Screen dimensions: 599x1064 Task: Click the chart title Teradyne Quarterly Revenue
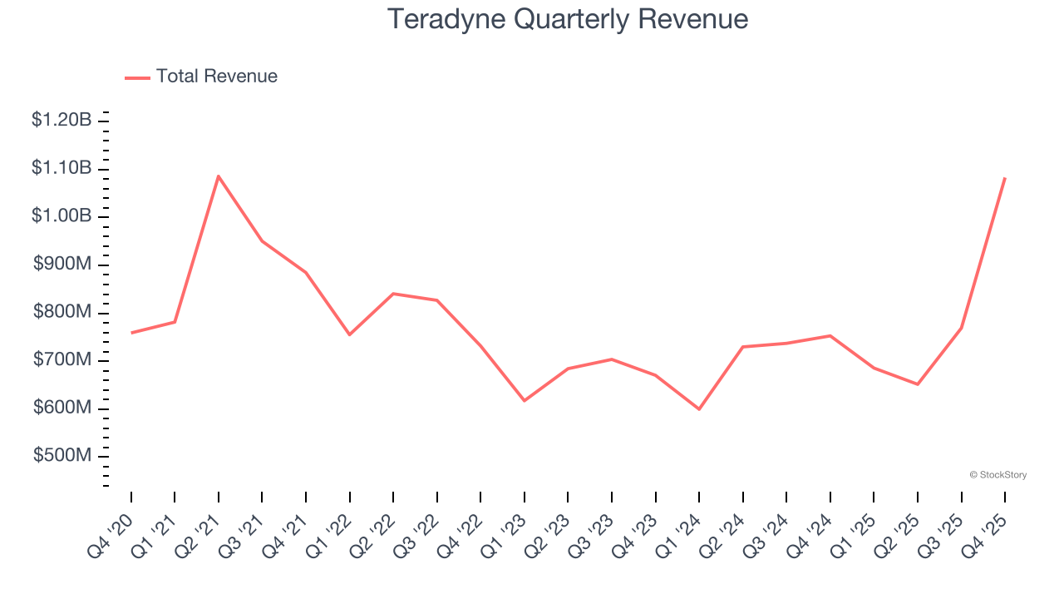568,19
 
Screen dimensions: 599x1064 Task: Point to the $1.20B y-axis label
62,120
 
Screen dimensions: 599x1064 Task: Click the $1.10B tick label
62,168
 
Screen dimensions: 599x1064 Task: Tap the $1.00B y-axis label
62,216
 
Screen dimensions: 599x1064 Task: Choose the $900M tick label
62,264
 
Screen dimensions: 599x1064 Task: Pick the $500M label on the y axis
62,456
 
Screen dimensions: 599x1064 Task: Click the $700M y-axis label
62,360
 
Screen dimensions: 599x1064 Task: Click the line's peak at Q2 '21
219,176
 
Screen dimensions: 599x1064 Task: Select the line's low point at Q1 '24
699,409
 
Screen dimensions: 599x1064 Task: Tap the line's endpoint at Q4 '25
1005,178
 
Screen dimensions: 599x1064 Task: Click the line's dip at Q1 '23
525,401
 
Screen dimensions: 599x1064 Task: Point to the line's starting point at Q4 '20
131,333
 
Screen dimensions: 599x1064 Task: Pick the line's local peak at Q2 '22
393,294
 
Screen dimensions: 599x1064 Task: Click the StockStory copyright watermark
998,475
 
